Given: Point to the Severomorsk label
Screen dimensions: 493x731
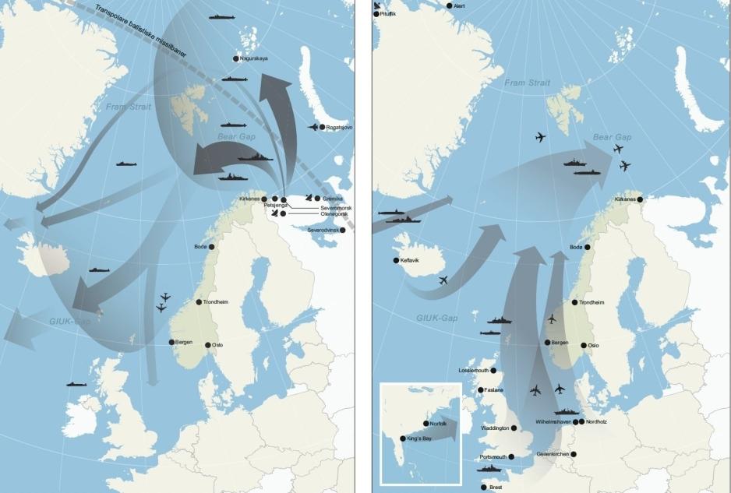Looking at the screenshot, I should (335, 209).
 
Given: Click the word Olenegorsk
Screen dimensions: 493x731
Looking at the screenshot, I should (334, 215).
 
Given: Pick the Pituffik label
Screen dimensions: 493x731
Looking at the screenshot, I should (387, 15).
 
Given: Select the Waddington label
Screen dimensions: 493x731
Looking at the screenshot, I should (496, 428).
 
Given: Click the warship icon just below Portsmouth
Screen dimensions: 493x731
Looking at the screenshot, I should (489, 469).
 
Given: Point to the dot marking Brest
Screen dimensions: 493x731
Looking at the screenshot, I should (484, 488).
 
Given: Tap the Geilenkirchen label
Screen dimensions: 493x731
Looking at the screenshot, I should (553, 455).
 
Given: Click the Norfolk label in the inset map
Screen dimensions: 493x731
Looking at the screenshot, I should (439, 424).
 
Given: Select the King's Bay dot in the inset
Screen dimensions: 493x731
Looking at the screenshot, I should (402, 438).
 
